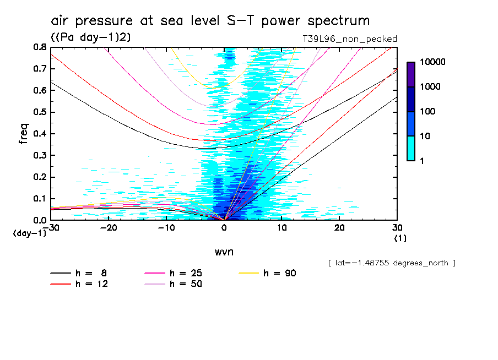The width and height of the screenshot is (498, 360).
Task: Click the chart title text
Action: click(210, 21)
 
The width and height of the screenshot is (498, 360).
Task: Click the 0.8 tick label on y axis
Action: click(39, 47)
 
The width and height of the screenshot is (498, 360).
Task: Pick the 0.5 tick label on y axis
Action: click(39, 112)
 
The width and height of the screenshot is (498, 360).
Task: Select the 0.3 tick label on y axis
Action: click(39, 155)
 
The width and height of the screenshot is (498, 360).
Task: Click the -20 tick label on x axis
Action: click(109, 228)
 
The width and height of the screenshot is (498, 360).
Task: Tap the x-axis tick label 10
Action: click(282, 228)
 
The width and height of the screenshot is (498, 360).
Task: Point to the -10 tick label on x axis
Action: click(166, 228)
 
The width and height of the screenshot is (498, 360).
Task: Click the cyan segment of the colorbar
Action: click(411, 148)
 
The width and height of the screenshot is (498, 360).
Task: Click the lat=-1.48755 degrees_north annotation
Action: click(391, 263)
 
